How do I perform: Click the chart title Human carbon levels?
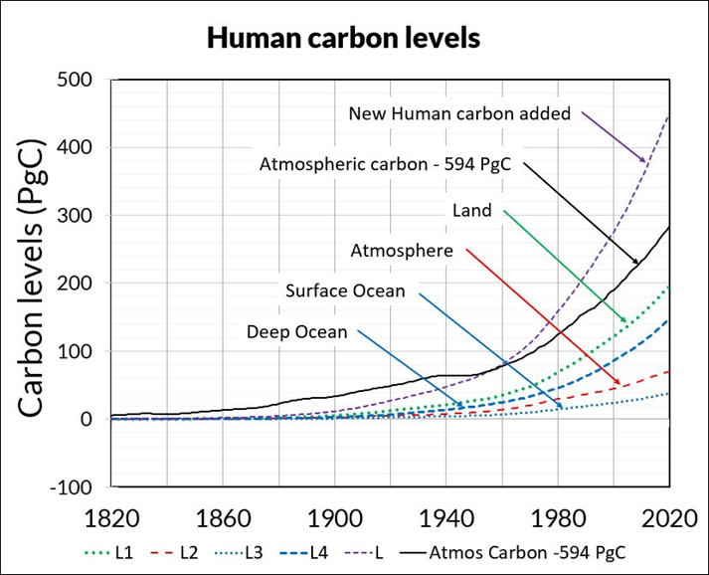(343, 39)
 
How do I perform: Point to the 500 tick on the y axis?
(77, 80)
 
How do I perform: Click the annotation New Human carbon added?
(459, 113)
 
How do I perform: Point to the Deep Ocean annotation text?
(296, 332)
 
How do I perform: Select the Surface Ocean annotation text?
(345, 291)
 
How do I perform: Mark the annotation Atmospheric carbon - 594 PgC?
(384, 164)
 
